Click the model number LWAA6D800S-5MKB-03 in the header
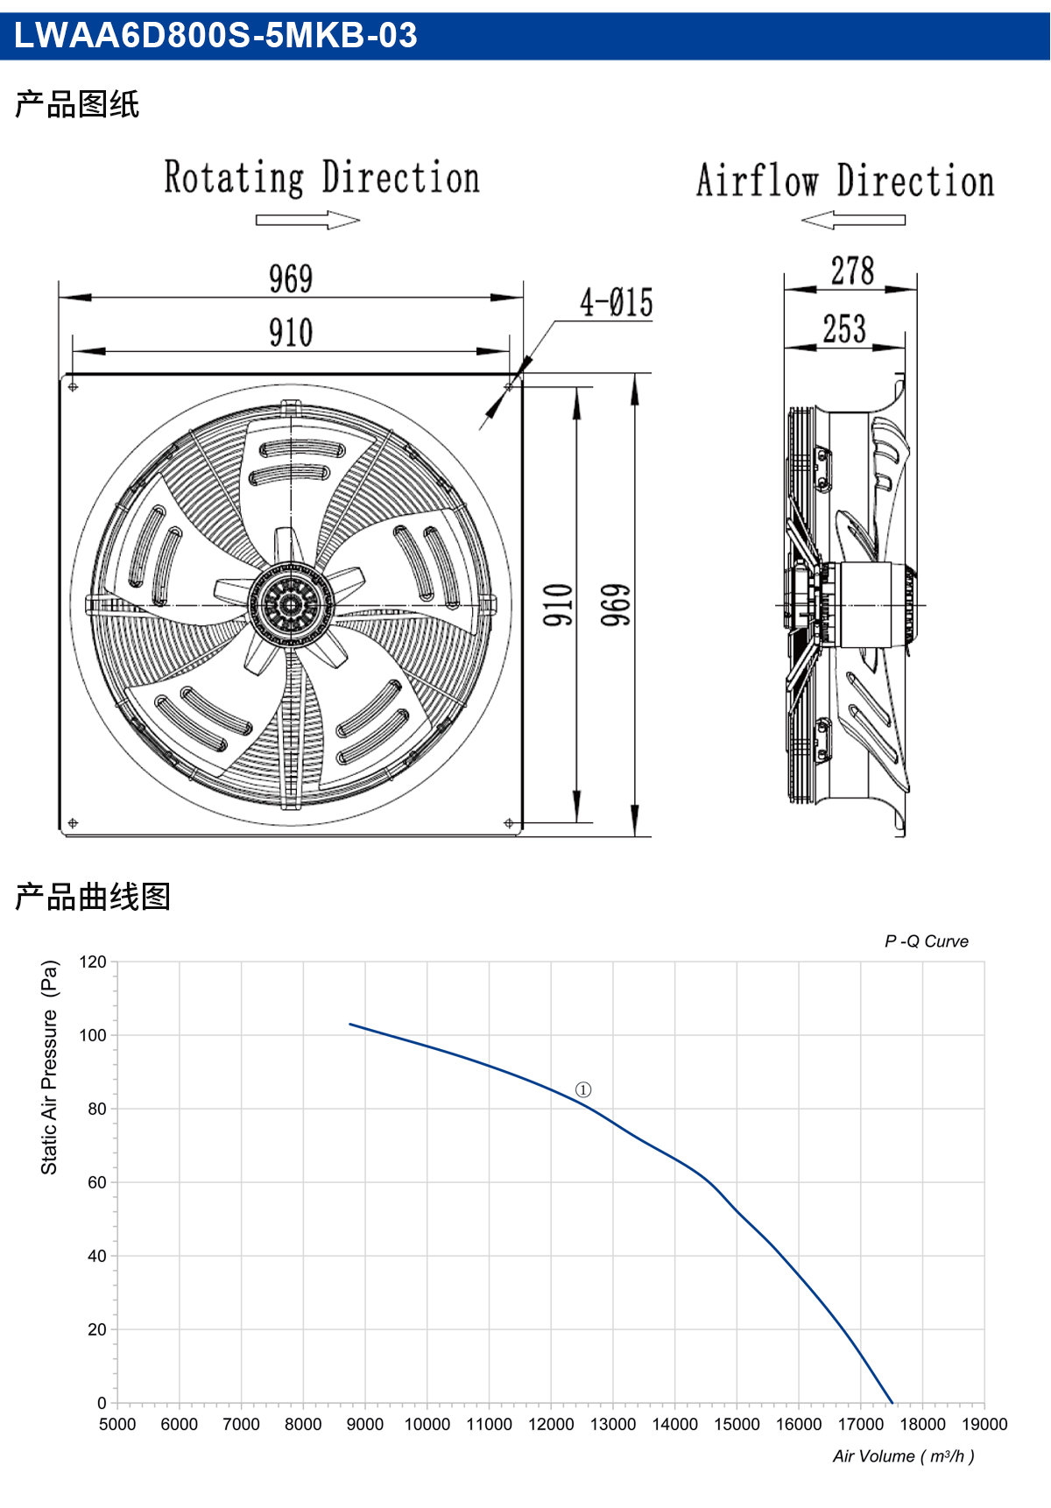[x=215, y=35]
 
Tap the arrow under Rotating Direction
[x=307, y=220]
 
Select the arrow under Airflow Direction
[x=853, y=220]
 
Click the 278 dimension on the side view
[x=852, y=271]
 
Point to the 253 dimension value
[x=844, y=329]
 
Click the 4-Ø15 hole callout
[x=617, y=303]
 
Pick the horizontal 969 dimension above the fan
[x=291, y=279]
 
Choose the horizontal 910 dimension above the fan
[x=291, y=333]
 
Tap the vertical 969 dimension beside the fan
[x=616, y=605]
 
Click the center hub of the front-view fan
[x=291, y=604]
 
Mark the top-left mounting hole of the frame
[x=73, y=386]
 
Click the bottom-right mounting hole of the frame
[x=509, y=823]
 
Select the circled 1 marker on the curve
[x=583, y=1089]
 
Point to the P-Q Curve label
[x=927, y=941]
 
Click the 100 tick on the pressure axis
[x=93, y=1035]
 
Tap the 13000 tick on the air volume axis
[x=613, y=1424]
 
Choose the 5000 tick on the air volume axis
[x=117, y=1424]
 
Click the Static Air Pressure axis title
[x=50, y=1068]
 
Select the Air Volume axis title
[x=904, y=1456]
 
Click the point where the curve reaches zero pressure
[x=892, y=1403]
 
